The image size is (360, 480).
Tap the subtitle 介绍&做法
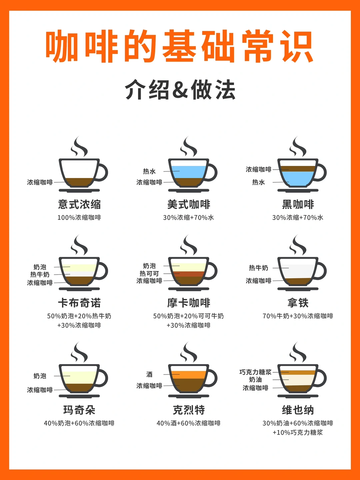(180, 90)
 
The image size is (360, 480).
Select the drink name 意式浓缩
(79, 204)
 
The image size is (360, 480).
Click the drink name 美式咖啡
(189, 204)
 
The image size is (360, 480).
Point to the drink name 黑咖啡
(298, 204)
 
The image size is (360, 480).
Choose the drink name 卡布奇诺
(79, 303)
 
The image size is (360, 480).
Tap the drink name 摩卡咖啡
(189, 303)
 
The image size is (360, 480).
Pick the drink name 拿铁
(298, 303)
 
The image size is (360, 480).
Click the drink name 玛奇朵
(79, 410)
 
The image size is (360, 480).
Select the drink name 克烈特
(189, 410)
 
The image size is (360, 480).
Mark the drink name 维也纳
(298, 410)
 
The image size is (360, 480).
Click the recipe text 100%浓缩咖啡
(79, 218)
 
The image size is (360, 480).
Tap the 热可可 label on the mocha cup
(149, 273)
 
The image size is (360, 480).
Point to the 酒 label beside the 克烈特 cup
(149, 375)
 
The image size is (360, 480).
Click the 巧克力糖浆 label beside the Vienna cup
(255, 372)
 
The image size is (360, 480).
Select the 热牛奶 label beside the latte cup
(258, 268)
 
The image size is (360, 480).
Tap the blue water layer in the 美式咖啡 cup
(189, 172)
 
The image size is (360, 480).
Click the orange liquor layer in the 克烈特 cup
(189, 375)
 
